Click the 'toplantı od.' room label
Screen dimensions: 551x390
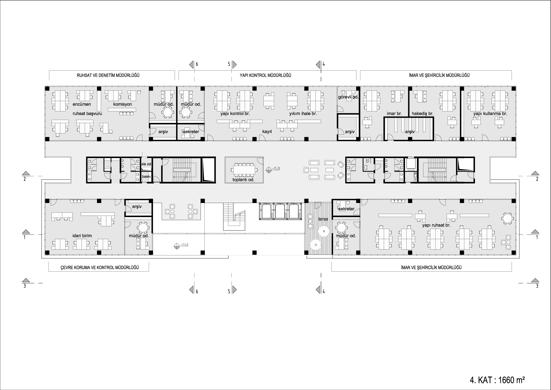click(x=243, y=180)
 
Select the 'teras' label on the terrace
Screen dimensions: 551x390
click(x=323, y=219)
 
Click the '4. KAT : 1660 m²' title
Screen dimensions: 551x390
click(x=497, y=380)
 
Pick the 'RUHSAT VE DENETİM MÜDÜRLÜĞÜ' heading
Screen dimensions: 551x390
click(x=108, y=75)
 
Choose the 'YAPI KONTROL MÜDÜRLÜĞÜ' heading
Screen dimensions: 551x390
click(x=265, y=75)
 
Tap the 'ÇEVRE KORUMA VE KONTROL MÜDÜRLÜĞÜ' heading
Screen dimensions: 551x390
click(x=100, y=268)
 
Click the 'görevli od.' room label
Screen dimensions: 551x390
click(x=348, y=97)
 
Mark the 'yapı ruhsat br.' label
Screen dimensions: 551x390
click(x=436, y=225)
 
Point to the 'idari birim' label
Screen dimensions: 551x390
click(x=82, y=236)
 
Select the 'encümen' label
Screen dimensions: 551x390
click(x=82, y=104)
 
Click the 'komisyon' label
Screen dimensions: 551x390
click(x=123, y=104)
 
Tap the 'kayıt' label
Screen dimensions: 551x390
click(x=267, y=132)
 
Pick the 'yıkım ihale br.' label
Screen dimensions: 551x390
click(x=303, y=114)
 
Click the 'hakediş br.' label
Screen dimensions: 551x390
click(x=423, y=114)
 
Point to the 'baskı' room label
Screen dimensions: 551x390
click(x=146, y=177)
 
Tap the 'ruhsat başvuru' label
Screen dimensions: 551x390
click(x=87, y=114)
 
